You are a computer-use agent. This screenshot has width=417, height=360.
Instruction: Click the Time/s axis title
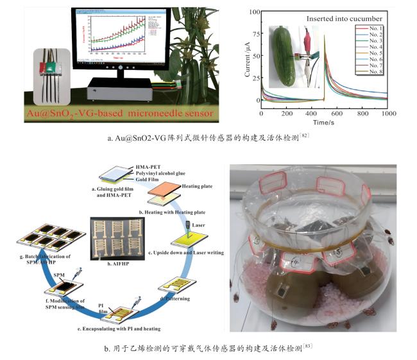tap(325, 121)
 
